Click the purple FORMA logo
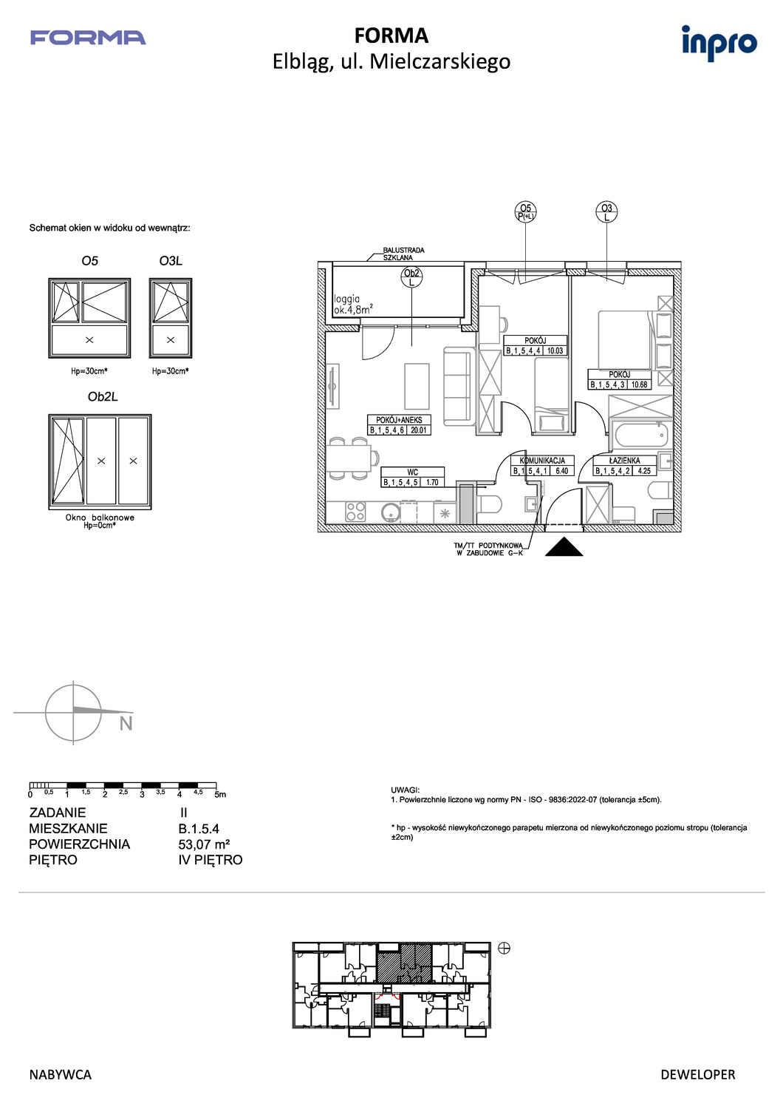tap(88, 38)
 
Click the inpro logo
tap(719, 43)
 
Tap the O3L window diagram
tap(171, 318)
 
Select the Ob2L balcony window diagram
tap(100, 462)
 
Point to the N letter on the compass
tap(126, 724)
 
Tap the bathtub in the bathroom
tap(640, 435)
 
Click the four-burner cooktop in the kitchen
tap(355, 512)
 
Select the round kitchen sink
tap(390, 512)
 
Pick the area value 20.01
tap(418, 430)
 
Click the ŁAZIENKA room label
tap(624, 461)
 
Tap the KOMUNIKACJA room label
tap(542, 461)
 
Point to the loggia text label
tap(346, 299)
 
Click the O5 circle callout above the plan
tap(525, 212)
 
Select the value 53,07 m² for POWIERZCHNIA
tap(204, 844)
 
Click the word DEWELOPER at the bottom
tap(698, 1075)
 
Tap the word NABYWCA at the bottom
tap(61, 1075)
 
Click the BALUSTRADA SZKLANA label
tap(403, 254)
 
